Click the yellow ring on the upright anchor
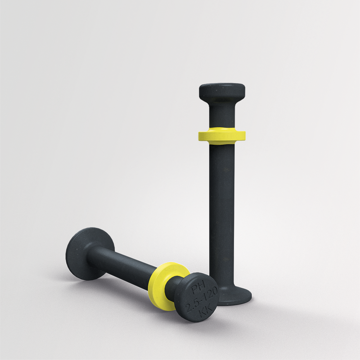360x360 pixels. point(222,136)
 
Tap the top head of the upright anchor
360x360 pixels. point(222,90)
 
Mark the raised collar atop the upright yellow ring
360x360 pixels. point(222,129)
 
